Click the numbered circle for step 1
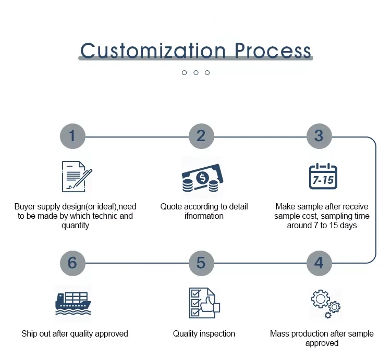click(x=72, y=136)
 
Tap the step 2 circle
click(x=201, y=136)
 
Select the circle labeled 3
click(x=319, y=136)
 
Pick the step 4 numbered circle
click(x=319, y=263)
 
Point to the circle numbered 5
click(x=201, y=263)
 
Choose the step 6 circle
click(x=72, y=263)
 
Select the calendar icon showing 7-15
click(x=323, y=177)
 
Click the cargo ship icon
click(x=73, y=302)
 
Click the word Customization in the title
click(x=153, y=51)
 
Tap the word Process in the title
click(x=272, y=51)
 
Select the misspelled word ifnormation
click(x=204, y=216)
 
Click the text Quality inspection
click(x=204, y=333)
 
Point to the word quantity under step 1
click(x=76, y=226)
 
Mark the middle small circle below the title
click(x=196, y=72)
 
